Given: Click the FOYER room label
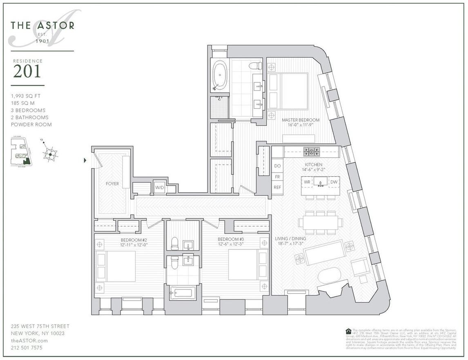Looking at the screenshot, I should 112,184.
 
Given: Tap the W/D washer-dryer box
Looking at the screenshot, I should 159,188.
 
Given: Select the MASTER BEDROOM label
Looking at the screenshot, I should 301,120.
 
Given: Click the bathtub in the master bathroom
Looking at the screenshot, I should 220,75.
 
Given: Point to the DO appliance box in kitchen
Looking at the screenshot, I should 278,166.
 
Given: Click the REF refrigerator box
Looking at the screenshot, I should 278,187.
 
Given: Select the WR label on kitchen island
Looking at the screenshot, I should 307,182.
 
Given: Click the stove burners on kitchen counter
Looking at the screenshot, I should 312,152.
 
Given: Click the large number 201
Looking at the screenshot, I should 27,71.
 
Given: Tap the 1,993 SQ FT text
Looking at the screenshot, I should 26,96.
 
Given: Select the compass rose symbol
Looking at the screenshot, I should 50,154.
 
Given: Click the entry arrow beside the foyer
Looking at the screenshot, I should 85,160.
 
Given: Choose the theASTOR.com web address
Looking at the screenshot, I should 29,340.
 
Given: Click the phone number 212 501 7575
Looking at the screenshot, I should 27,348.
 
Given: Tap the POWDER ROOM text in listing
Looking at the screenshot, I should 31,124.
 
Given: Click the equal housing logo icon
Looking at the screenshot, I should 348,331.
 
